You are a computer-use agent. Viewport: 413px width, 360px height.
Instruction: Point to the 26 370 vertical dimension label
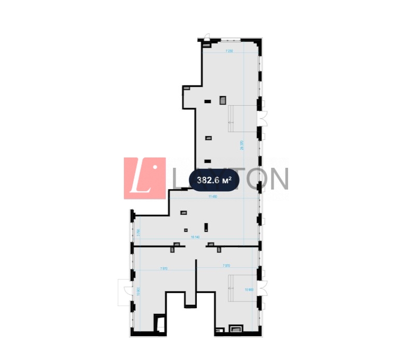[242, 146]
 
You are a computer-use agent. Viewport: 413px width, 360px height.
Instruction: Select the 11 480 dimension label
[212, 197]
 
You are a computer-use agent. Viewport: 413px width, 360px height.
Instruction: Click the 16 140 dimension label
[195, 237]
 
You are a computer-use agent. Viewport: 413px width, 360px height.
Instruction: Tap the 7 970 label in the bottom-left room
[164, 268]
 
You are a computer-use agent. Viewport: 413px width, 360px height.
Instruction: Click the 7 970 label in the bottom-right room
[226, 266]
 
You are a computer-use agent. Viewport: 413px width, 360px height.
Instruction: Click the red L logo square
[145, 178]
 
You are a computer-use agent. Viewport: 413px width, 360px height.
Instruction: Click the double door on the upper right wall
[263, 119]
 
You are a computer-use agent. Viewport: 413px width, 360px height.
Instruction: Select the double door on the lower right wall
[264, 288]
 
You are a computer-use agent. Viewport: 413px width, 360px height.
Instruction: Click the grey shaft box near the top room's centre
[223, 99]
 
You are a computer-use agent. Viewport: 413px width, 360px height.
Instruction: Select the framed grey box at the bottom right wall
[237, 328]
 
